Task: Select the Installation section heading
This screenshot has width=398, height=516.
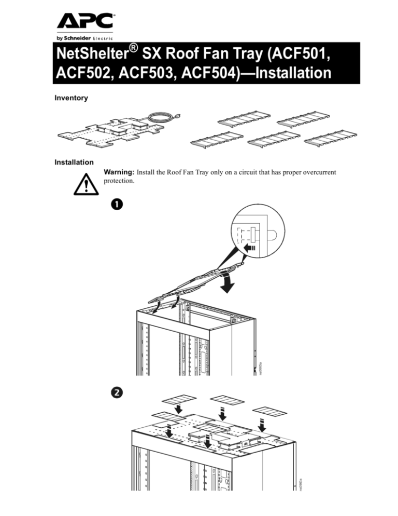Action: click(x=70, y=162)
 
